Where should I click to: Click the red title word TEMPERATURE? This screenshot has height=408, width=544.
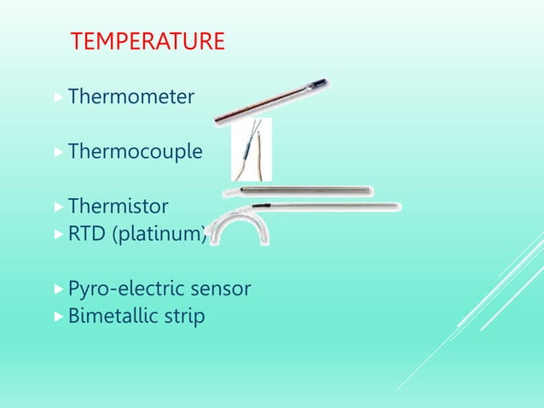click(148, 41)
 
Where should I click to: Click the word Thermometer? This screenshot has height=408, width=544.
click(130, 97)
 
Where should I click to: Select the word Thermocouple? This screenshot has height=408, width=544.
click(135, 152)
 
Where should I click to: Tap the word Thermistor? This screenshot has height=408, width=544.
click(118, 207)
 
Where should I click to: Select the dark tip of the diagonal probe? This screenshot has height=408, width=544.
click(320, 85)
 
